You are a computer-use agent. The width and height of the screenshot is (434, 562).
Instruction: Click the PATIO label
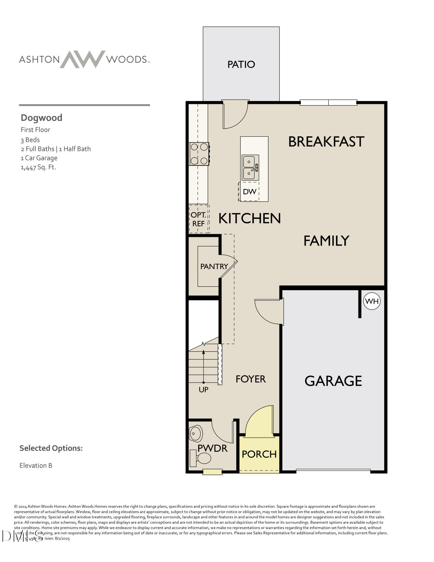[x=241, y=64]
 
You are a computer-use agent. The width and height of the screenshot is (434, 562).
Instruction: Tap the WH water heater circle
[x=372, y=301]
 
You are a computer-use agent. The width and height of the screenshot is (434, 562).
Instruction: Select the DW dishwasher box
[x=249, y=192]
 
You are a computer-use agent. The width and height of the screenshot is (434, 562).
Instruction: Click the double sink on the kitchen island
[x=250, y=167]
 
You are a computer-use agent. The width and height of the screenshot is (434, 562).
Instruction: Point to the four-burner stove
[x=199, y=154]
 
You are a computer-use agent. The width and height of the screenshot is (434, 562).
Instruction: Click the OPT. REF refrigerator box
[x=199, y=219]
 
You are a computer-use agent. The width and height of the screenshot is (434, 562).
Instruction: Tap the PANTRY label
[x=214, y=266]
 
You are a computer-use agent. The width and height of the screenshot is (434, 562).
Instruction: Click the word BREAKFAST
[x=326, y=142]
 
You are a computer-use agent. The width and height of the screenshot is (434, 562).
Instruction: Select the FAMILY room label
[x=326, y=241]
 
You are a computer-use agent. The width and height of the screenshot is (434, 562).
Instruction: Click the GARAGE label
[x=333, y=381]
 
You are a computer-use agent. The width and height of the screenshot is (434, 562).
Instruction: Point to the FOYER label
[x=251, y=379]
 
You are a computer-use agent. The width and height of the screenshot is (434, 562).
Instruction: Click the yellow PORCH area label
[x=259, y=454]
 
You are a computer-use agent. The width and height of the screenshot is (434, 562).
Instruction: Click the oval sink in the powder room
[x=196, y=434]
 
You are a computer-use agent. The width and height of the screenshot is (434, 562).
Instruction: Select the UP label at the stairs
[x=203, y=390]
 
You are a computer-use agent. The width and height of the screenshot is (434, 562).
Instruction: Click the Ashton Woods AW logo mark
[x=83, y=59]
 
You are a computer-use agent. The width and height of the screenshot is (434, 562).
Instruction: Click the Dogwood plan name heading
[x=42, y=118]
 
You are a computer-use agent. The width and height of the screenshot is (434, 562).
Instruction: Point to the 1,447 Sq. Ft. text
[x=38, y=167]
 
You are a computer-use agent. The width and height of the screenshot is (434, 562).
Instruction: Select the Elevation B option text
[x=36, y=466]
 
